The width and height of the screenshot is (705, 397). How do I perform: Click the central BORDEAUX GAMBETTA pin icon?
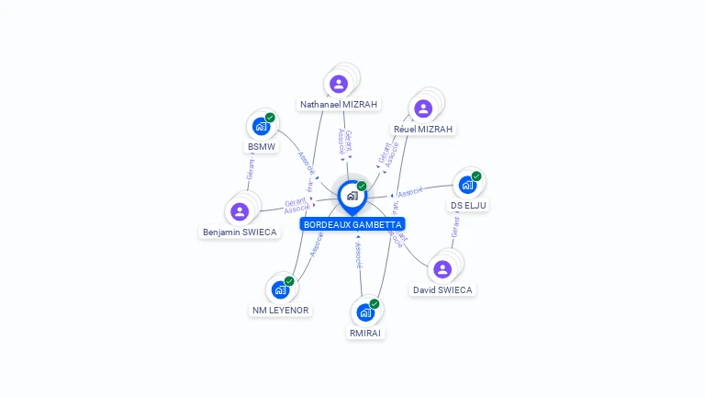click(x=352, y=196)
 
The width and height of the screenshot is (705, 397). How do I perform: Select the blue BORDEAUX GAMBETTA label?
click(x=352, y=224)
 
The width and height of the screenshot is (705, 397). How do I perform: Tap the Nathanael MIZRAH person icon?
click(x=339, y=85)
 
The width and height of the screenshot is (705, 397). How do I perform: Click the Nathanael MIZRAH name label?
click(x=339, y=105)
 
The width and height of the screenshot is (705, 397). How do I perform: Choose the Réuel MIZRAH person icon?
click(x=423, y=108)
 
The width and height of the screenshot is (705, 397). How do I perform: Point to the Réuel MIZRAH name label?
click(x=423, y=130)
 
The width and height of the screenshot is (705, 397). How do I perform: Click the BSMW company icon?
click(x=261, y=127)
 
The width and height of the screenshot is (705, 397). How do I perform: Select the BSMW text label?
click(x=261, y=147)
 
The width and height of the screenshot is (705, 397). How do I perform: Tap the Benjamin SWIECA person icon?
click(x=240, y=211)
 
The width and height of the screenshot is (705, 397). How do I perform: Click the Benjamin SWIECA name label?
click(x=240, y=233)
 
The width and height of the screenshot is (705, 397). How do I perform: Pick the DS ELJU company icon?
click(x=467, y=185)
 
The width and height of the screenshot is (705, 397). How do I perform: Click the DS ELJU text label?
click(x=468, y=206)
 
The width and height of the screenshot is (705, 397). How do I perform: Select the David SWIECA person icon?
click(x=442, y=269)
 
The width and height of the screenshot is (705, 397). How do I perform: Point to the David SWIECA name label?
click(x=442, y=290)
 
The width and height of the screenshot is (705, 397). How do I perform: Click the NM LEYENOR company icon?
click(x=280, y=289)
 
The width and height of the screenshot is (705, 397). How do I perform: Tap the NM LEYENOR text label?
click(x=280, y=311)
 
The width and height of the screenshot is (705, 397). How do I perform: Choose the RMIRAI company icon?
click(x=365, y=312)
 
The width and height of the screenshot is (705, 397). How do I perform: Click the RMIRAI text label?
click(x=365, y=333)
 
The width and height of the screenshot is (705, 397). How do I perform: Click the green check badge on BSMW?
click(x=270, y=118)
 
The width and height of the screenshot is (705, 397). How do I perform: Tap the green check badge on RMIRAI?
click(x=375, y=303)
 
